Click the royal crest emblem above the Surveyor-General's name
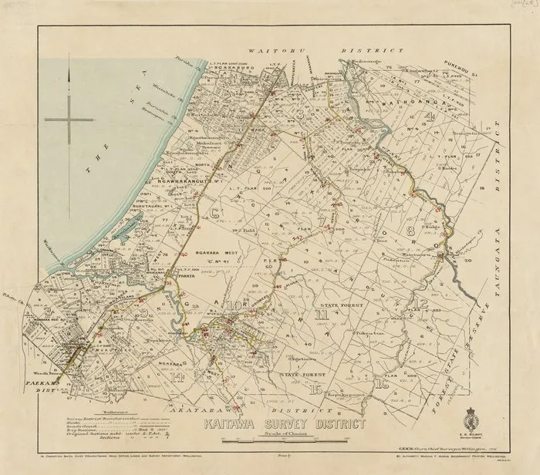pos(473,423)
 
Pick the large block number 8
pos(410,231)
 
